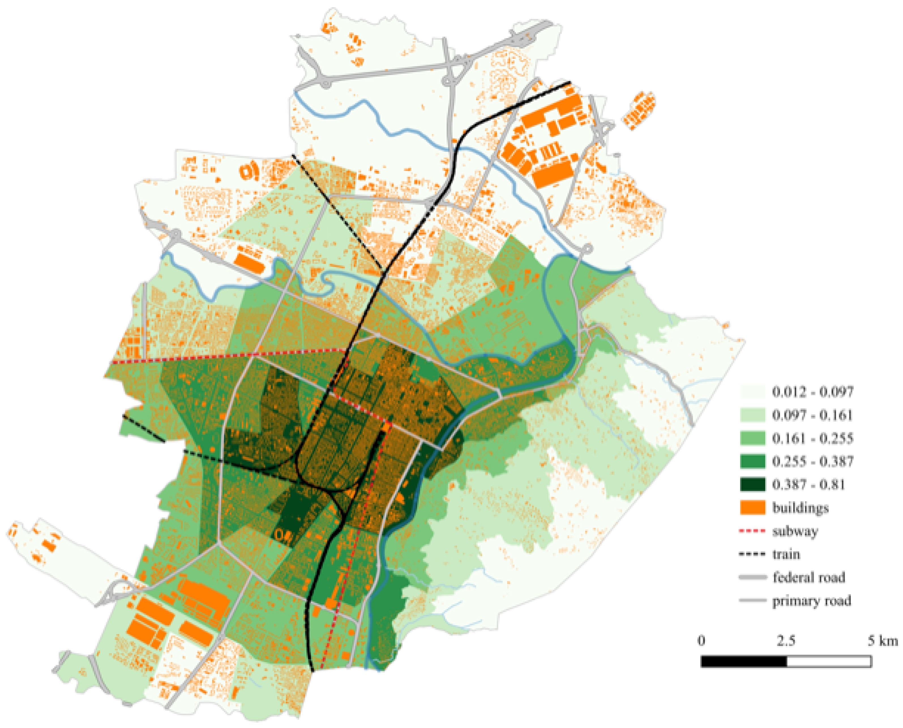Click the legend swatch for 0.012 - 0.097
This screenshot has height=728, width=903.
[752, 392]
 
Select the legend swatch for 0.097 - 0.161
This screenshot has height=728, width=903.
[752, 415]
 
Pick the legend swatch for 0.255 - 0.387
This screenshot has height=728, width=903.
[752, 461]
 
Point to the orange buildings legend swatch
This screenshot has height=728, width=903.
[752, 507]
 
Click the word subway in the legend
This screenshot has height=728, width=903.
[795, 531]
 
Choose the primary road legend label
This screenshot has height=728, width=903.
[812, 601]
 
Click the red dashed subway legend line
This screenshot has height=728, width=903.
[752, 531]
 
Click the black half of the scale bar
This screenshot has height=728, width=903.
[744, 661]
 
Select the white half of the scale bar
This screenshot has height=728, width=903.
[829, 661]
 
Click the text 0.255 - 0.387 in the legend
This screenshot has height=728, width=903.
[812, 461]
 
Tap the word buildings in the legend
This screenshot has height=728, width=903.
[800, 508]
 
